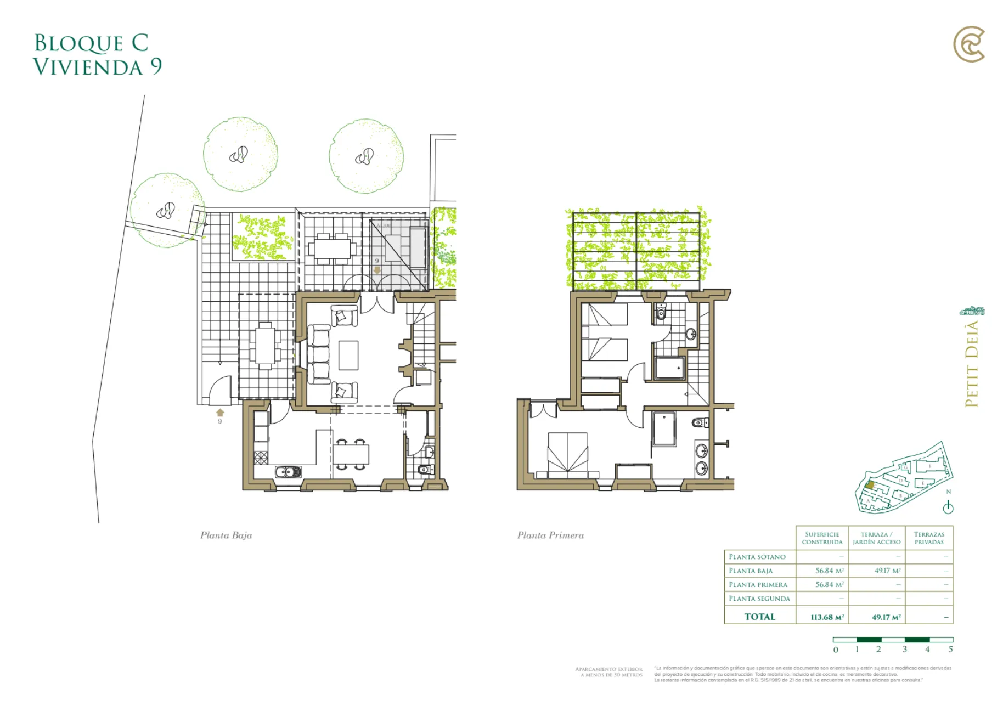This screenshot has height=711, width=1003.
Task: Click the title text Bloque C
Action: point(91,43)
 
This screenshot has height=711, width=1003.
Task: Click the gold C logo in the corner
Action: point(969,44)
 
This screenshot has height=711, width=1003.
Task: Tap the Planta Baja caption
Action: point(226,535)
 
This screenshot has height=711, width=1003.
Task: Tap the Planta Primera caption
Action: point(550,535)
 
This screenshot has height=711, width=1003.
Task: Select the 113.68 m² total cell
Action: point(827,617)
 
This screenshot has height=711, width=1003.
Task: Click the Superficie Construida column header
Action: point(822,538)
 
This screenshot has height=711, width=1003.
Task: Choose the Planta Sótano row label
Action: point(757,557)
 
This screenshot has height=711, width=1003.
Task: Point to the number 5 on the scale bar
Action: point(950,650)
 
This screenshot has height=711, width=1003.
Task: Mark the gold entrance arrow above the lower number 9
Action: point(220,413)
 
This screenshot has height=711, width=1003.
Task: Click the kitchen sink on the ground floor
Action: point(288,471)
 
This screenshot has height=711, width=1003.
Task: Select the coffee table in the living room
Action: point(348,355)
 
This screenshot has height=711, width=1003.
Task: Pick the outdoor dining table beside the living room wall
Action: point(266,346)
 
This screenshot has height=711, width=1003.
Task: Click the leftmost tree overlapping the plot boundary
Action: point(166,210)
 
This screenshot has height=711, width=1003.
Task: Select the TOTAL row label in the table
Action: point(760,617)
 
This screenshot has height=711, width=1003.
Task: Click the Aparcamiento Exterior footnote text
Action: point(609,672)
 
